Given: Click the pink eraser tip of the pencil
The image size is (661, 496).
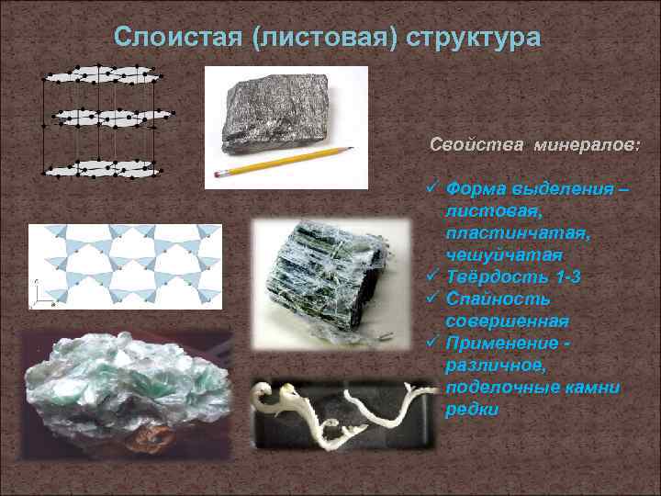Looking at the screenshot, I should point(218,172).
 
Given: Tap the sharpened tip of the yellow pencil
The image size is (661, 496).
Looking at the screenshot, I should point(352,147).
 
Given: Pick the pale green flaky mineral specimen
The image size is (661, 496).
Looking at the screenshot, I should point(119,387).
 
